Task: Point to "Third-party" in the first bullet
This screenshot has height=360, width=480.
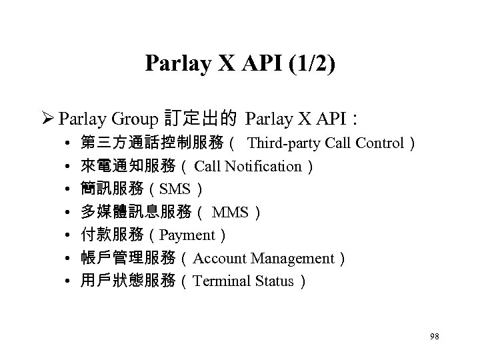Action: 283,143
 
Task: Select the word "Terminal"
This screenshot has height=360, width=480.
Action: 222,281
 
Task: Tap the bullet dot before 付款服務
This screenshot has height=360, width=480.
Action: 69,235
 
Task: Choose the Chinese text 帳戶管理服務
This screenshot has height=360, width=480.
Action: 128,258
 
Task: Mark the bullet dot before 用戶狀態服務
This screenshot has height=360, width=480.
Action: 69,281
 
